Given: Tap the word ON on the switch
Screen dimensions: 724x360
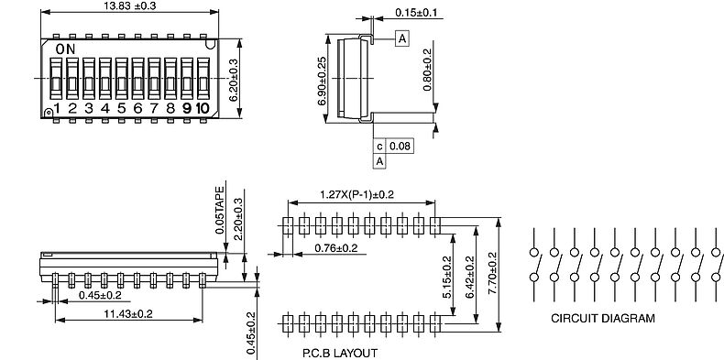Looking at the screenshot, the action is point(65,49).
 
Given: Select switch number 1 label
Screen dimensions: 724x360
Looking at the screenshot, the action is point(57,108).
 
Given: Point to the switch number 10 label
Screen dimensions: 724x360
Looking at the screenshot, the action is point(203,108).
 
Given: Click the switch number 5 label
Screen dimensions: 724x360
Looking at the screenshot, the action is point(122,108).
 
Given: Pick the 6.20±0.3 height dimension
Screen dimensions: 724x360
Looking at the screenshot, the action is point(233,81).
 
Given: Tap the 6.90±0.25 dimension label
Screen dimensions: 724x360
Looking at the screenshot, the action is point(322,81).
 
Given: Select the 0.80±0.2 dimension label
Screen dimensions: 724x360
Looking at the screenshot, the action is point(427,70).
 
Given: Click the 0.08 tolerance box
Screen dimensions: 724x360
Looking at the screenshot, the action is point(400,147).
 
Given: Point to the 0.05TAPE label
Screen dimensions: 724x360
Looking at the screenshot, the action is point(220,210).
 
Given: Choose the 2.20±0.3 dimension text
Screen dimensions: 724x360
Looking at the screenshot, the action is point(238,219).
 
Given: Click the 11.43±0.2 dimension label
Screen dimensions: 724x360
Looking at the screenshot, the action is point(128,314).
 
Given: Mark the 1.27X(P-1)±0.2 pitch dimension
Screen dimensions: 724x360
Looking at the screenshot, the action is point(357,194).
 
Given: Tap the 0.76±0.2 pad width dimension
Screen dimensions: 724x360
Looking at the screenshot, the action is point(335,248).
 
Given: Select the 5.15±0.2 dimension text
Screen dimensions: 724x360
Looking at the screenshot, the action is point(446,277).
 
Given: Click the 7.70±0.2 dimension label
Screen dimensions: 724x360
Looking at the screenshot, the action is point(492,273).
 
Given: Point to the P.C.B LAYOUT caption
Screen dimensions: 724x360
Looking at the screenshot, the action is point(339,353).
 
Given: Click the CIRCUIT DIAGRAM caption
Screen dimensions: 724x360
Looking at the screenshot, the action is point(602,318).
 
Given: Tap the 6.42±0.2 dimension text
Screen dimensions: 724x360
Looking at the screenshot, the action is point(470,277).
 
